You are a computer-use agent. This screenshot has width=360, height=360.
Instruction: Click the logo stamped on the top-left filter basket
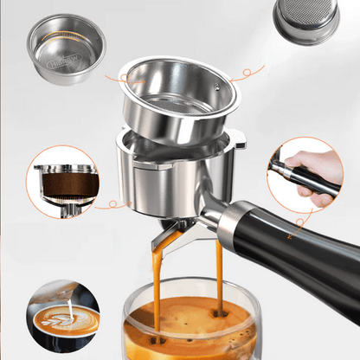[x=61, y=61]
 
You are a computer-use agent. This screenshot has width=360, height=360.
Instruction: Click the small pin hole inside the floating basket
[x=213, y=90]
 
